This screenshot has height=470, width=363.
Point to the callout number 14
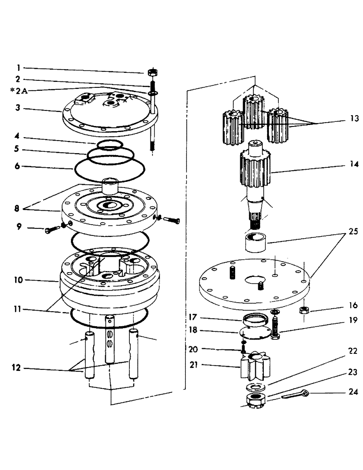[x=354, y=164]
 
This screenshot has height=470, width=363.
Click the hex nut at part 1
[x=152, y=72]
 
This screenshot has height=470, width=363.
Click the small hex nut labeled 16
[x=304, y=310]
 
